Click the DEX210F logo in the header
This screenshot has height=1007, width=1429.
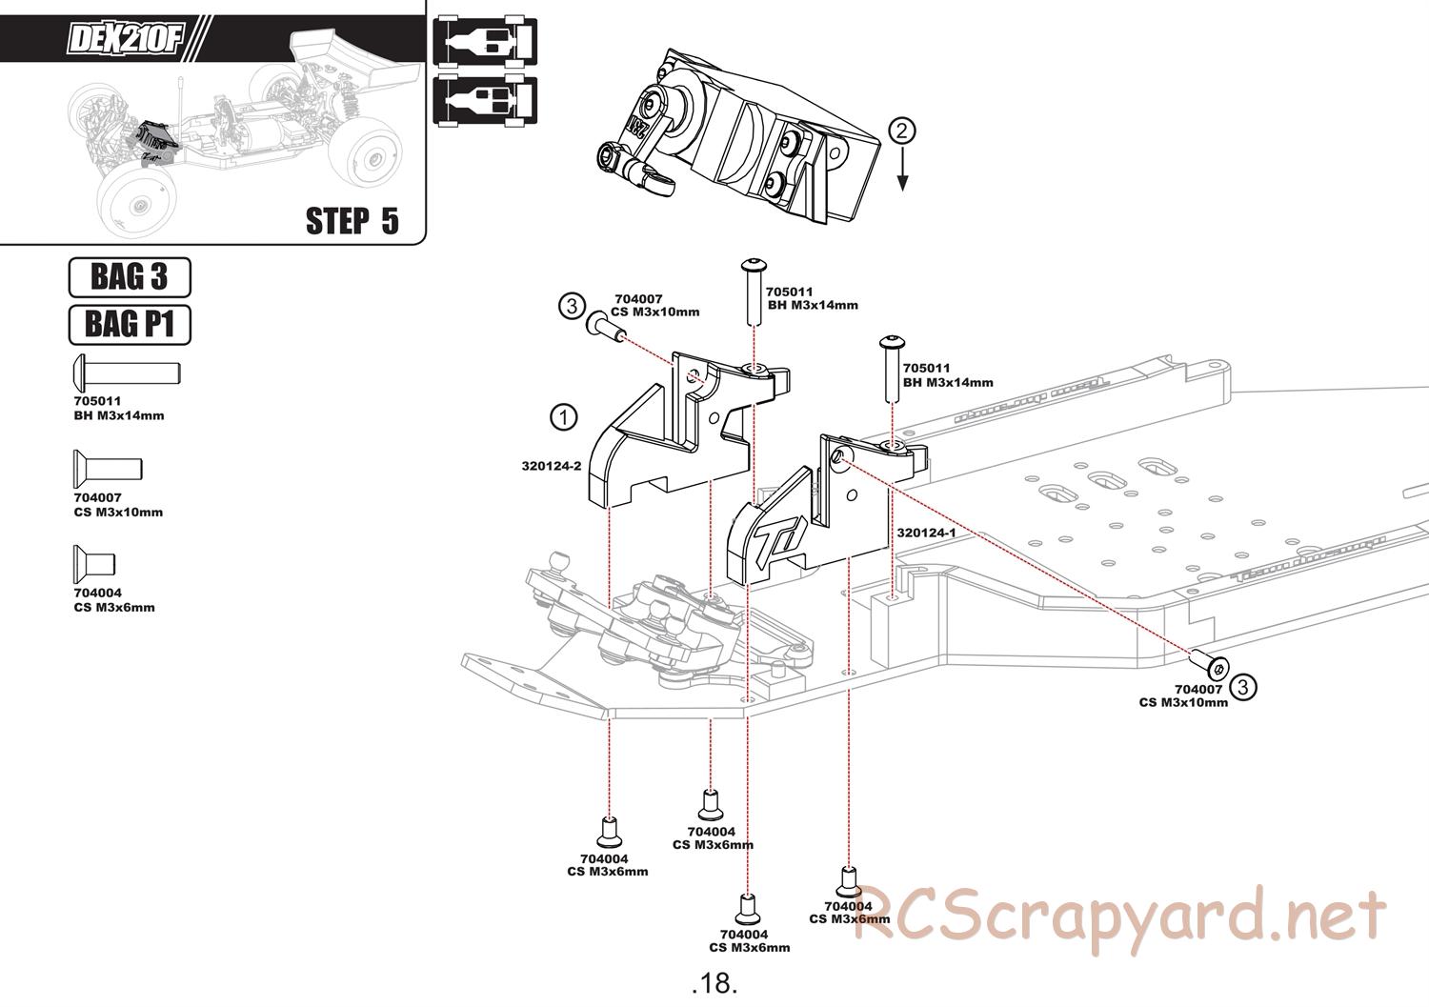coord(125,38)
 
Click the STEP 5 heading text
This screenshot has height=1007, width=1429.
coord(352,221)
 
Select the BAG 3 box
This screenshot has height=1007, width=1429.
coord(130,277)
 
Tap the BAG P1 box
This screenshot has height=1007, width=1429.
coord(130,325)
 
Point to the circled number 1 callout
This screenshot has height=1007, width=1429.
coord(563,418)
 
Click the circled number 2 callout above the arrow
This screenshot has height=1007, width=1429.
coord(901,131)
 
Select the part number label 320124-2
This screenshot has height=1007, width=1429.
coord(552,467)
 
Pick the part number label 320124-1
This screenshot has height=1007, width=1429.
coord(926,533)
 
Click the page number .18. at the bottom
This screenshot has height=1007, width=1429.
coord(714,983)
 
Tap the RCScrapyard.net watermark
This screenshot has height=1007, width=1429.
coord(1119,916)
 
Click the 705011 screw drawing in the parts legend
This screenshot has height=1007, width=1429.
coord(128,373)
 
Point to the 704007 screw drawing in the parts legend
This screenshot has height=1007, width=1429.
coord(108,469)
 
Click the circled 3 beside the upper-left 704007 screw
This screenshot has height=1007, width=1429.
coord(572,306)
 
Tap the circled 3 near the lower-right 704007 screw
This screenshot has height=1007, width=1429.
coord(1242,687)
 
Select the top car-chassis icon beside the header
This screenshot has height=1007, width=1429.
coord(485,42)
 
